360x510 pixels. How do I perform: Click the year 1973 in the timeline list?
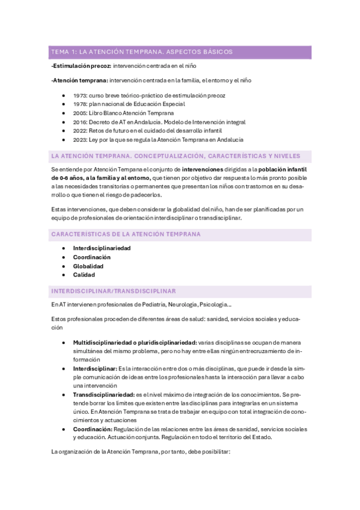coord(79,96)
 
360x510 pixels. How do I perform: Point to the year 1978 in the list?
coord(79,104)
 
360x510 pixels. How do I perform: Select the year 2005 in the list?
coord(80,112)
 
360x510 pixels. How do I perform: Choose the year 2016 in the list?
coord(80,121)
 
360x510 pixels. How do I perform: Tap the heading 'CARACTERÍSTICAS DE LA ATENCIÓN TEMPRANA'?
coord(126,234)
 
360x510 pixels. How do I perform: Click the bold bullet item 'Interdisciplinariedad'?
coord(102,248)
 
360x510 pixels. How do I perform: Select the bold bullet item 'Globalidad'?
coord(88,266)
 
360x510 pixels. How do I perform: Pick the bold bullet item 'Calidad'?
coord(84,275)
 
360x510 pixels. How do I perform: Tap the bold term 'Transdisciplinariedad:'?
coord(103,394)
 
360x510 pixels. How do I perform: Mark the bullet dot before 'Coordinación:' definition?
coord(64,429)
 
